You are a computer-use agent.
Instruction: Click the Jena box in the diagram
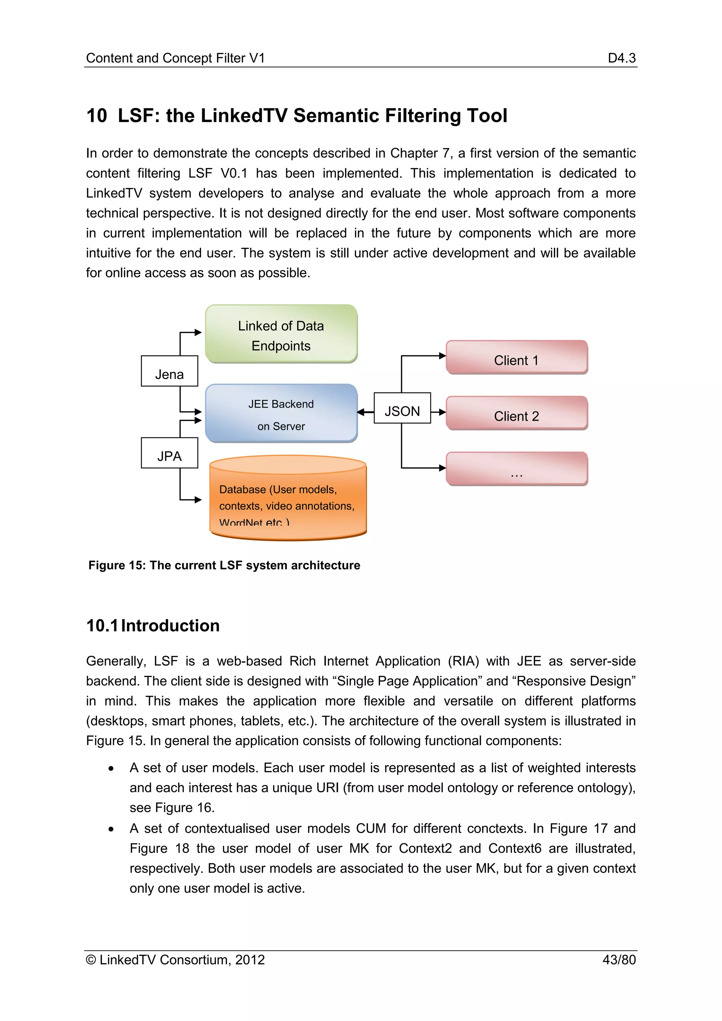[169, 371]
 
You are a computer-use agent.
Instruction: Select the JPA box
[169, 453]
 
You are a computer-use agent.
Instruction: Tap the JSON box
[402, 408]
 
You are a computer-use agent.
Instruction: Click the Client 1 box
[516, 357]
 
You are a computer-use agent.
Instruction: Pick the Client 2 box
[516, 413]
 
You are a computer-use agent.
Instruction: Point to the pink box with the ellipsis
[516, 469]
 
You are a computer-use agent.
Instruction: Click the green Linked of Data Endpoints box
[281, 334]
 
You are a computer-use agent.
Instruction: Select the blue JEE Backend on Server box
[281, 414]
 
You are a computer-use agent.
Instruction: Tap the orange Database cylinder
[288, 498]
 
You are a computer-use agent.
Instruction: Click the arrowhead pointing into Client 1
[442, 356]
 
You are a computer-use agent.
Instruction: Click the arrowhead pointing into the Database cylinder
[198, 500]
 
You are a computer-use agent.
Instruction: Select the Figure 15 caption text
[224, 565]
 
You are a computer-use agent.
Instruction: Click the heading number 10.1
[102, 626]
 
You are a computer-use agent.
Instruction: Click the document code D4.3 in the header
[622, 58]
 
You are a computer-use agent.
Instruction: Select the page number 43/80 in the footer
[619, 960]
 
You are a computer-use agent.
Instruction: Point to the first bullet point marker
[111, 769]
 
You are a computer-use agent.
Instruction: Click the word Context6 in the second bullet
[514, 849]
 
